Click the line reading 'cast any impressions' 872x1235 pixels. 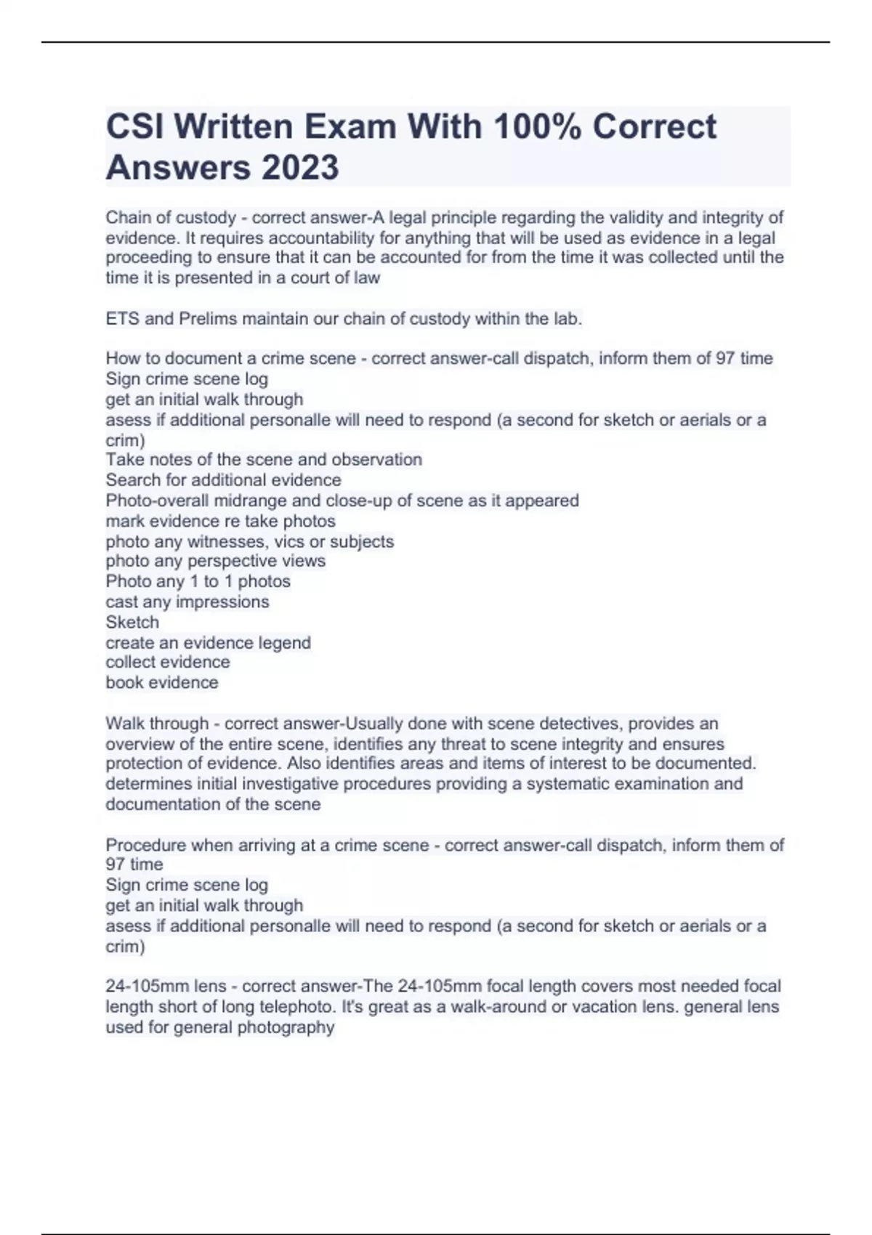pos(187,602)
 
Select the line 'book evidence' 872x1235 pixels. pos(161,683)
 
